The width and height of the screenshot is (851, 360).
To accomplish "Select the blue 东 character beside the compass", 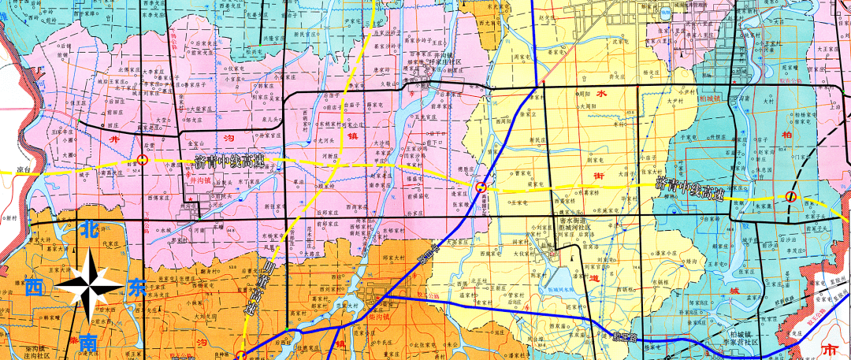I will coord(136,288).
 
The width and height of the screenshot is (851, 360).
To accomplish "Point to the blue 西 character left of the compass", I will coord(34,288).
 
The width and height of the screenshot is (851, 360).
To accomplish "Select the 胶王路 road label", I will coord(622,337).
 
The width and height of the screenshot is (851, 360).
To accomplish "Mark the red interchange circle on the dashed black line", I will coord(790,196).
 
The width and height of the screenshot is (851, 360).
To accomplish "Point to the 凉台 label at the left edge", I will coord(21,169).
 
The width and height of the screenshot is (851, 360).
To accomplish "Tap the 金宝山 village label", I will coord(196,143).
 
